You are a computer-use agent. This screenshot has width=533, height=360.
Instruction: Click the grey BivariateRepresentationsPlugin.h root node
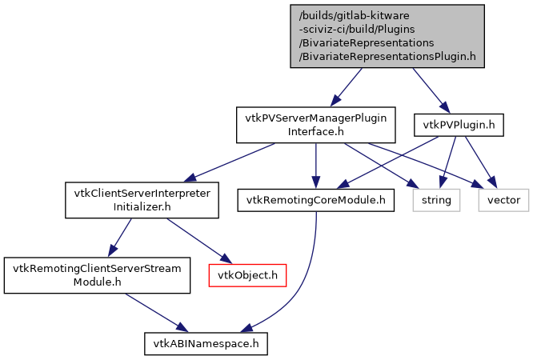pos(387,35)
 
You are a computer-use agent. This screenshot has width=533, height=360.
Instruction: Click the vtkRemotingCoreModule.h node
pos(316,200)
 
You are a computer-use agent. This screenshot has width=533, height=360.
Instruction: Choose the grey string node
pos(438,200)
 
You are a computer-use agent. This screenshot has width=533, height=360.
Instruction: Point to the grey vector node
pos(503,200)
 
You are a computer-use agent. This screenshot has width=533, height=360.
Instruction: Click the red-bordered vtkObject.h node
pos(247,276)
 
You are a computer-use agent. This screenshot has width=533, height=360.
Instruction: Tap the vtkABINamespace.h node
pos(206,344)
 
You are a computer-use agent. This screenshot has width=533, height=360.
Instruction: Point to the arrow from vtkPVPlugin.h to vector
pos(479,160)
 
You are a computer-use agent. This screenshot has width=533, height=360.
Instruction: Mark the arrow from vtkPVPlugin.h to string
pos(450,160)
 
